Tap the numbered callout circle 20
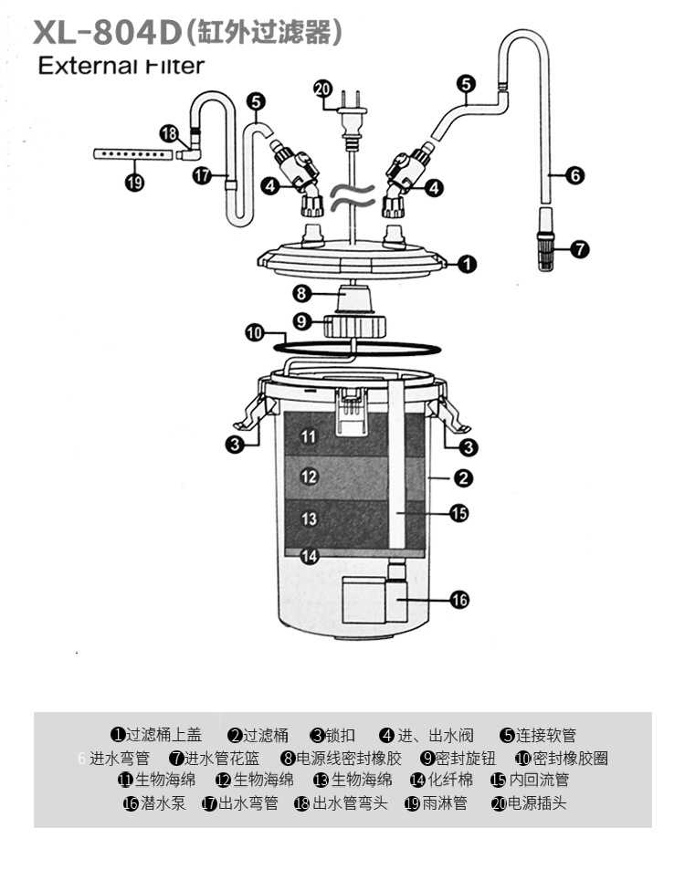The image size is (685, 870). (322, 89)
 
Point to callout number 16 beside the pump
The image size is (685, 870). (458, 600)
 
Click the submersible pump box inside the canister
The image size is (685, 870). (373, 600)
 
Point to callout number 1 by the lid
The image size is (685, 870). (466, 265)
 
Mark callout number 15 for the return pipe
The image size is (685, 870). (458, 513)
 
